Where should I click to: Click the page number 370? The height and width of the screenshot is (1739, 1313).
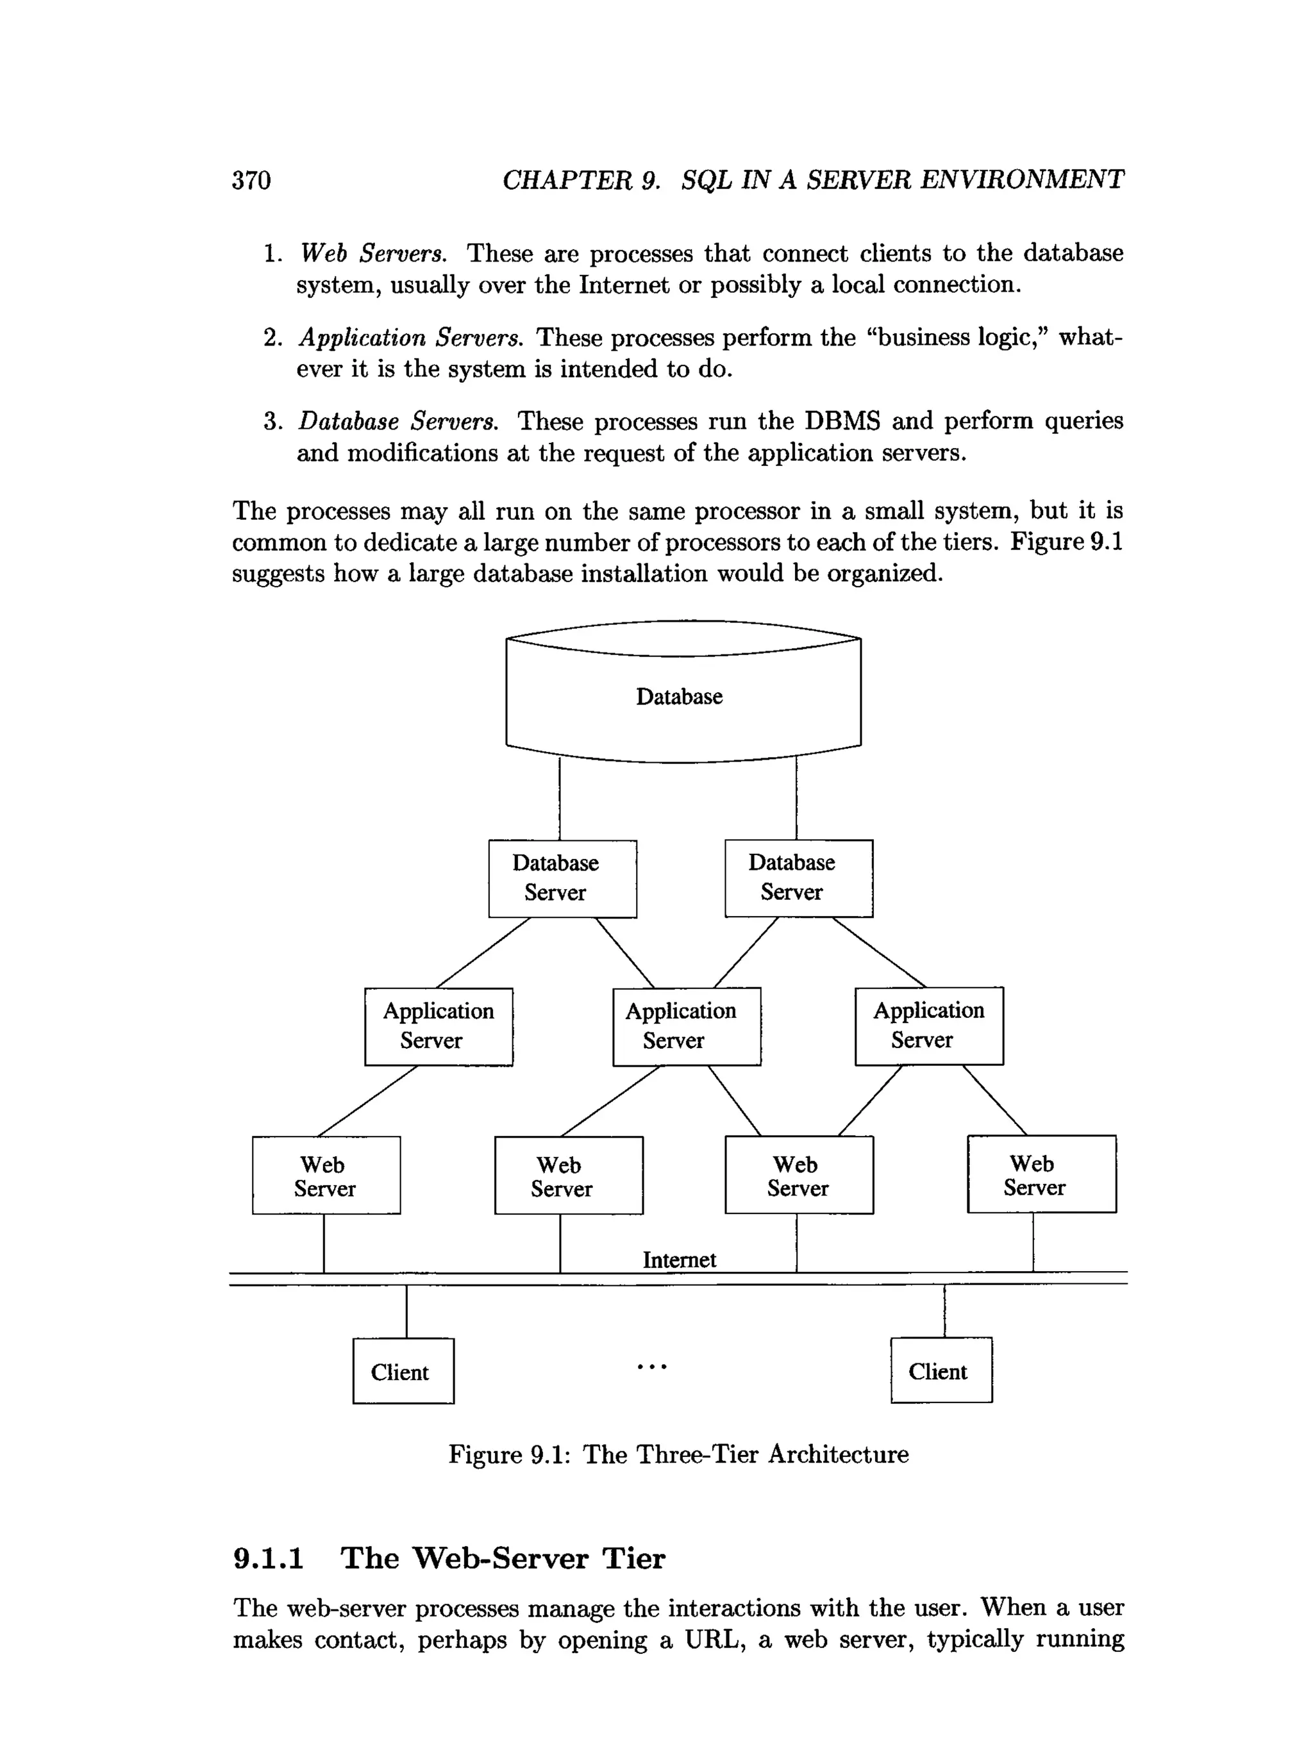pos(251,181)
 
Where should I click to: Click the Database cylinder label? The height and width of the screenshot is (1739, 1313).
pos(678,697)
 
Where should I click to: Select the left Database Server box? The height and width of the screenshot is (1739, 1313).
pos(562,878)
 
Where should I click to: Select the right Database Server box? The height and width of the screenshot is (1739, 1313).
pos(798,878)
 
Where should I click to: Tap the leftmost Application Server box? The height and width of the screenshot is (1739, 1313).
pos(438,1026)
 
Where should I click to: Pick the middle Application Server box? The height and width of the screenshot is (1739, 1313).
pos(687,1026)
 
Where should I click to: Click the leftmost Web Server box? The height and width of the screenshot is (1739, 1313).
pos(326,1174)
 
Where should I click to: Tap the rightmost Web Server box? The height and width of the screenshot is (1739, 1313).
pos(1041,1174)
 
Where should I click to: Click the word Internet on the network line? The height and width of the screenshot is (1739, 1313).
pos(680,1260)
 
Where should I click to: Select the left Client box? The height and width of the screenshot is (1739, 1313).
pos(403,1371)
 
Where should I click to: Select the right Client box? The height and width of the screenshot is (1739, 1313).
pos(941,1370)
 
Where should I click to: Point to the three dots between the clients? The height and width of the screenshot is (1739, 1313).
pos(652,1367)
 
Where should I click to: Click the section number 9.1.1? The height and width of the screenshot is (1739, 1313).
pos(268,1558)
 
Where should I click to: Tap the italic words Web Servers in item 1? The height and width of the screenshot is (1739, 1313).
pos(372,253)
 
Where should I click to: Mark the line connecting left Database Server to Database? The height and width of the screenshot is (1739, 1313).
pos(560,798)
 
